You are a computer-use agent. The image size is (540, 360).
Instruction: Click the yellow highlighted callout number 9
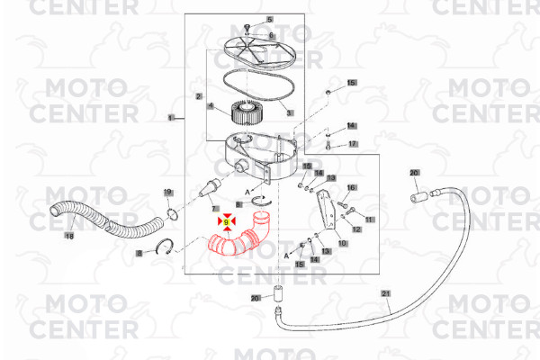226,222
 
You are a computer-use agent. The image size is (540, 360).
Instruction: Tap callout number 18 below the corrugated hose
69,236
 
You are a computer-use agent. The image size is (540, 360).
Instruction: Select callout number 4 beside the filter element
211,105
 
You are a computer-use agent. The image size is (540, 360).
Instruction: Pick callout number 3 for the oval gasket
289,112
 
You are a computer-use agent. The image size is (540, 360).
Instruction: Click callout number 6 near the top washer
271,35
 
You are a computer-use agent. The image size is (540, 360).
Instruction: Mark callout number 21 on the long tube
386,293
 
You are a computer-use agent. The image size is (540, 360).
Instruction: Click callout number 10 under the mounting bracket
342,243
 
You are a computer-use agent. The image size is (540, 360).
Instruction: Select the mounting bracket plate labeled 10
327,209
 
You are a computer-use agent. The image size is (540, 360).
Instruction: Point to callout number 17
353,144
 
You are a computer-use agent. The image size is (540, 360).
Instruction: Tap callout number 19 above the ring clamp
167,193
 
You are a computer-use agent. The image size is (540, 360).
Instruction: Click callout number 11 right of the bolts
370,220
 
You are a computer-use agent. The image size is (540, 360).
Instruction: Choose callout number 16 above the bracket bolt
351,188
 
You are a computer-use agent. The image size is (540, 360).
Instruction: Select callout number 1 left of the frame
171,118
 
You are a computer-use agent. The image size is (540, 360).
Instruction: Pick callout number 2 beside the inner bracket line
199,96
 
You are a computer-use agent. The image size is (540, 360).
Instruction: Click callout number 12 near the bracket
356,229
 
